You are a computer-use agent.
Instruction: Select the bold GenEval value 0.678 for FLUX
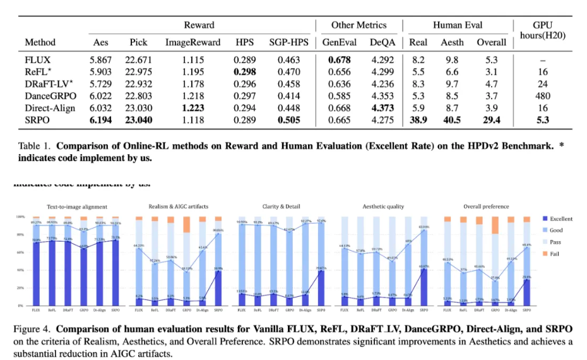point(339,60)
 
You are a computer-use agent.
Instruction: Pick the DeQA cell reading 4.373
point(383,108)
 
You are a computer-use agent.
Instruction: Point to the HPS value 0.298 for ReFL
point(245,72)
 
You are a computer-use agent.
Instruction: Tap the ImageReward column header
point(193,42)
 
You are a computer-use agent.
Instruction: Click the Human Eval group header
point(457,25)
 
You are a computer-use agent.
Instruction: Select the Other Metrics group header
point(358,25)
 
